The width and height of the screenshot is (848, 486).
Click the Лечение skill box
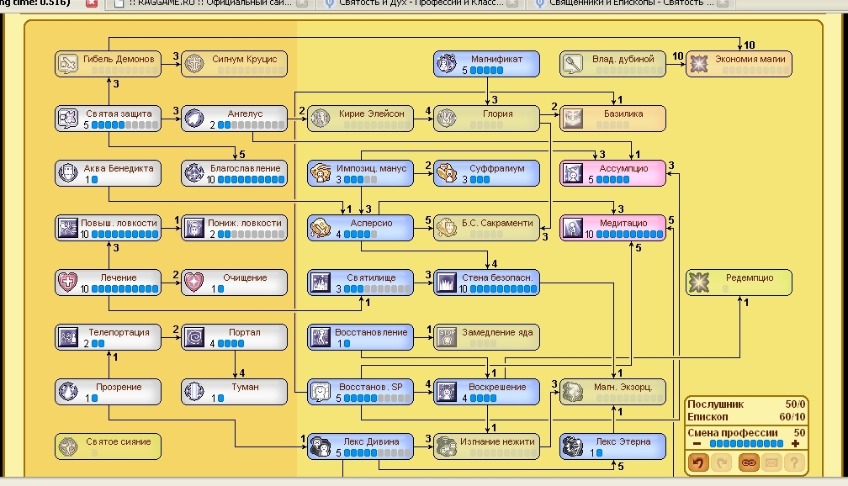[107, 283]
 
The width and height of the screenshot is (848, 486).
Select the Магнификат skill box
[486, 64]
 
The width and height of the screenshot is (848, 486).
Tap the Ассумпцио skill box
[612, 173]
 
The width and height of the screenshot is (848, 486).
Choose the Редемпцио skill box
[739, 283]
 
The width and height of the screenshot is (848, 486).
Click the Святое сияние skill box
[107, 446]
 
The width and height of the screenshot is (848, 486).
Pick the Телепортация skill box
[107, 337]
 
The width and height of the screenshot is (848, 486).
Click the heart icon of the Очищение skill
[194, 283]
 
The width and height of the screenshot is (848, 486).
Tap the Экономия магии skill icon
[699, 64]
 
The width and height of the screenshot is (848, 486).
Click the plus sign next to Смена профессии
[795, 443]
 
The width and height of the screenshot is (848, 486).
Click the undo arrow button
[698, 462]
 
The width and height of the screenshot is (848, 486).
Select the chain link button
[748, 462]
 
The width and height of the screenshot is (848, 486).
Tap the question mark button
[795, 462]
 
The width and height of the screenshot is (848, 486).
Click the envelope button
[771, 462]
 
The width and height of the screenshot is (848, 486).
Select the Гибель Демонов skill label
[119, 60]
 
